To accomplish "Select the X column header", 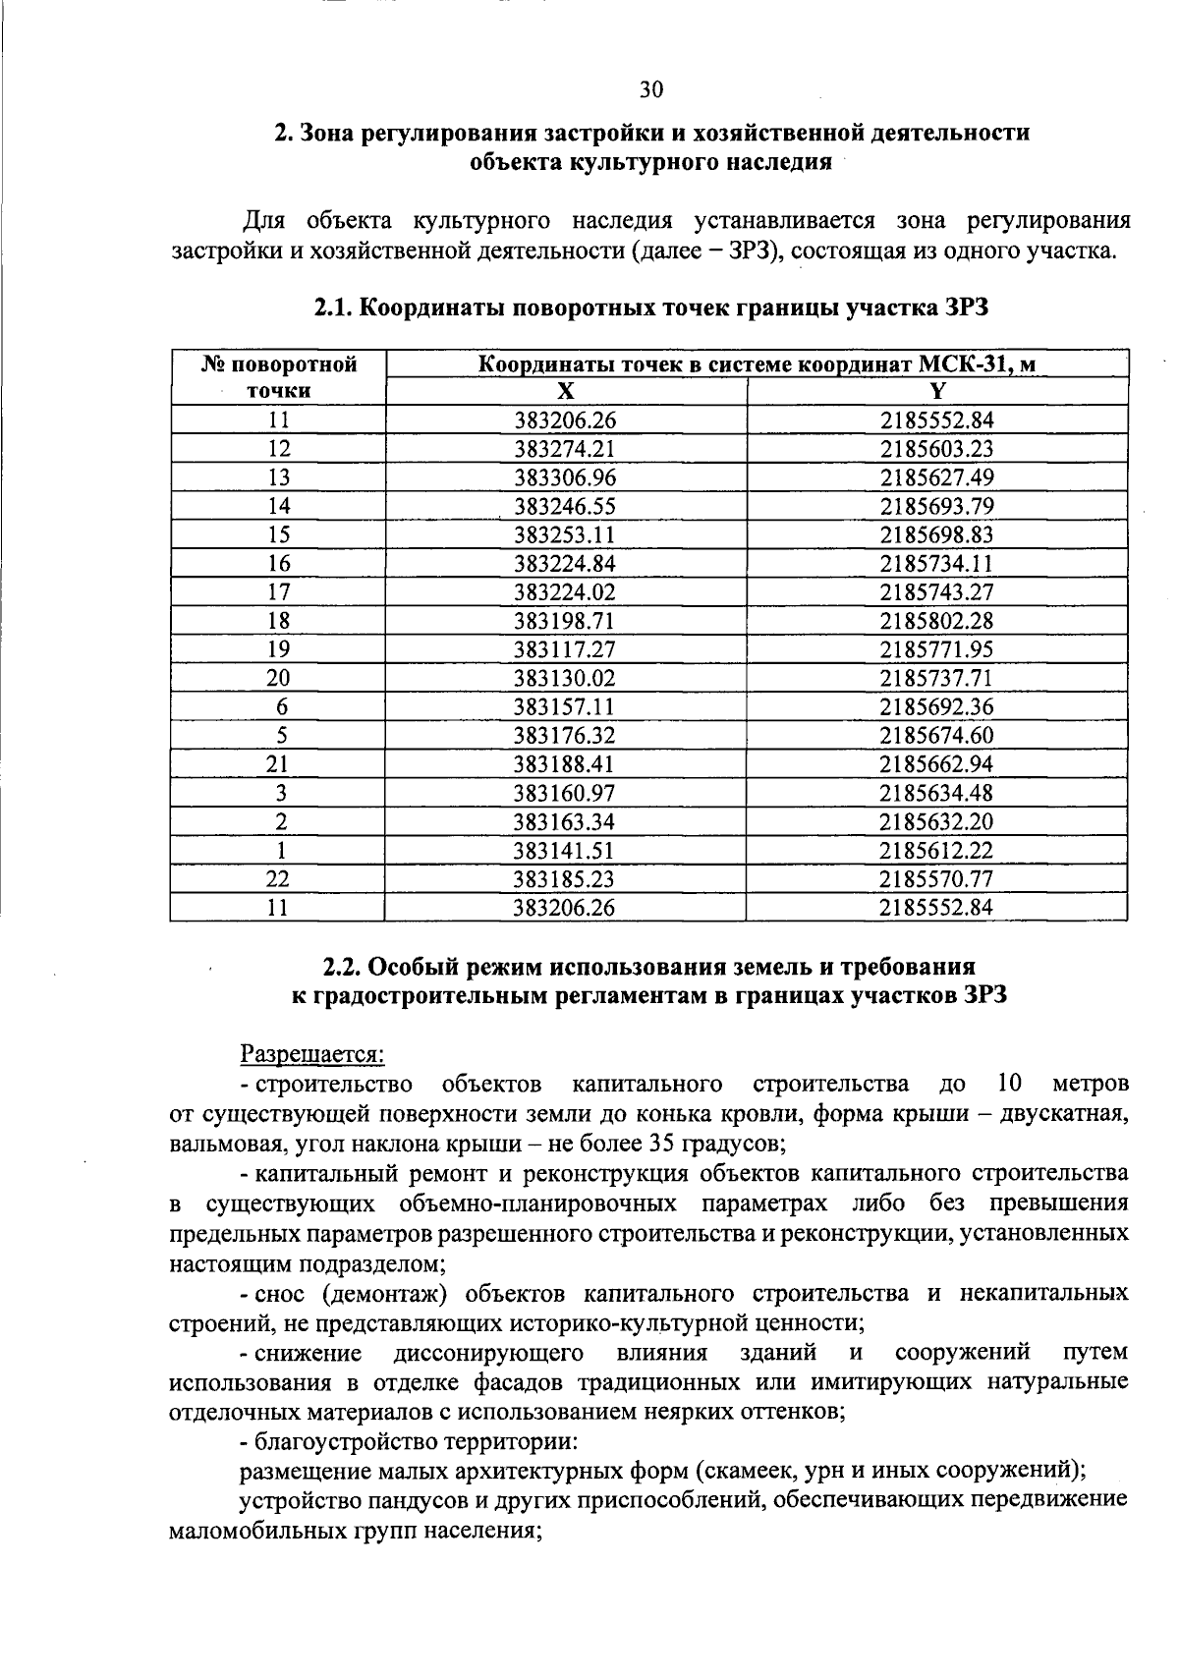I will pos(565,391).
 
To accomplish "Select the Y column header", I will pos(936,391).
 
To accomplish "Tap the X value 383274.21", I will pos(565,449).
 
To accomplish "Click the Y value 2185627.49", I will pos(936,477).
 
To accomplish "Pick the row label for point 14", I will pos(279,506).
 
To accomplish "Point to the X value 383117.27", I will pos(565,648).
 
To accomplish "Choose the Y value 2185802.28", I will pos(936,620).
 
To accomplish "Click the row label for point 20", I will pos(279,677).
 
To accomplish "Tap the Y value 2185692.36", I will pos(936,705).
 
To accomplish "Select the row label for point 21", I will pos(279,763).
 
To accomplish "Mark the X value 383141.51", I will pos(565,849).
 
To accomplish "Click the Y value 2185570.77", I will pos(936,877).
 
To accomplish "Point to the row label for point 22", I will pos(279,877).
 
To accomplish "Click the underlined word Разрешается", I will pos(312,1054).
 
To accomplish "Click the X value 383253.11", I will pos(565,534).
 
